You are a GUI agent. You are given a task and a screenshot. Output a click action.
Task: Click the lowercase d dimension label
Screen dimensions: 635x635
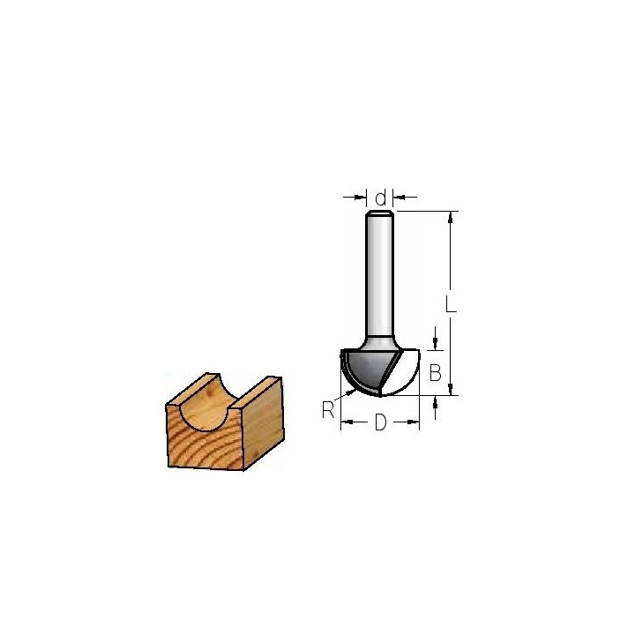[380, 198]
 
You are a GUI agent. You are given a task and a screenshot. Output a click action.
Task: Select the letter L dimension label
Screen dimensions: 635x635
[451, 303]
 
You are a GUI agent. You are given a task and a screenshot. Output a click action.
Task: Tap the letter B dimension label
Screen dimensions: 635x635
[435, 372]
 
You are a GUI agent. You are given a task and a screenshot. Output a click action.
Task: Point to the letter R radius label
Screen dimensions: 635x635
[327, 410]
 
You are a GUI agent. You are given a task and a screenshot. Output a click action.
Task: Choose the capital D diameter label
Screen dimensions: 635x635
[380, 422]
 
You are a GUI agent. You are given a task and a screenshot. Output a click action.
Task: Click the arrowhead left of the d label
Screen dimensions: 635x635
[360, 198]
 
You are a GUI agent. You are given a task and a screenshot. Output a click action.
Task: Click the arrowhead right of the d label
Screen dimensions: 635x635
[400, 198]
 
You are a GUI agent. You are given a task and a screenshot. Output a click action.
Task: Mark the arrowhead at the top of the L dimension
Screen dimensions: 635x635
[450, 217]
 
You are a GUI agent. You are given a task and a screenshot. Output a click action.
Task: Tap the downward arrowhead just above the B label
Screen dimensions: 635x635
[435, 344]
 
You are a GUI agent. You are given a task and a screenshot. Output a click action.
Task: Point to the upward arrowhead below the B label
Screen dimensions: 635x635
[435, 402]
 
